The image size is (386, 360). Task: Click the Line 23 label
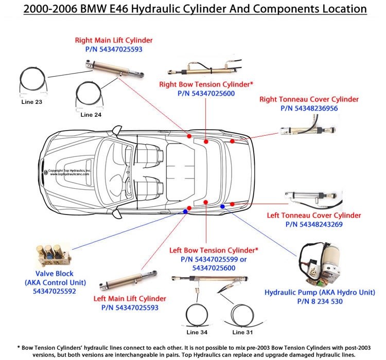(31, 102)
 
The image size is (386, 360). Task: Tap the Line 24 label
(91, 115)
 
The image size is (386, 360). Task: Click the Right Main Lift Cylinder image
(109, 69)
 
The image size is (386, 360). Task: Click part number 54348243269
(313, 224)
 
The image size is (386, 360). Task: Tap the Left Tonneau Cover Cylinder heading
(314, 215)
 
